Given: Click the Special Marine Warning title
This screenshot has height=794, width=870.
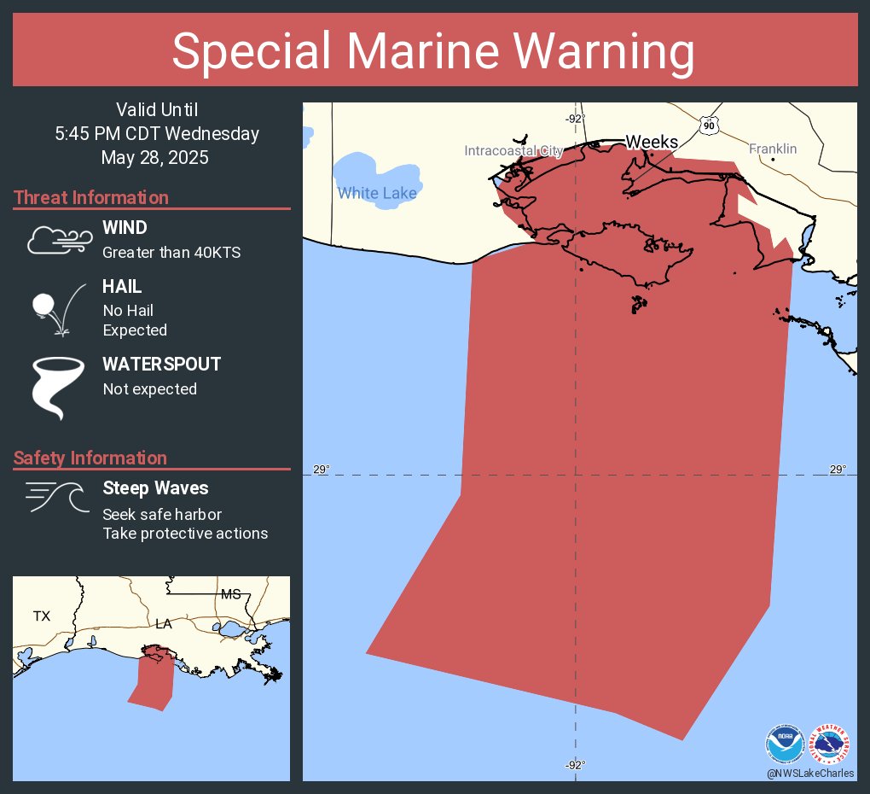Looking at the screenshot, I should click(x=434, y=51).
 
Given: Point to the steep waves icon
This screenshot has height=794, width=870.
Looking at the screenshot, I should click(x=57, y=497).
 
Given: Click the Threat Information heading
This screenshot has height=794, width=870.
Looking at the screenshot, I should click(x=91, y=198).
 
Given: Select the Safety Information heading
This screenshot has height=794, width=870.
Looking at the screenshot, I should click(x=90, y=458).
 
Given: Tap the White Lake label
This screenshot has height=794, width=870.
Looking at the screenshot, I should click(x=377, y=193).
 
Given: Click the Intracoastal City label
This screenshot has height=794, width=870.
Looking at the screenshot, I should click(x=513, y=151).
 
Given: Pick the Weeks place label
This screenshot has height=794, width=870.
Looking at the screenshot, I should click(x=652, y=142).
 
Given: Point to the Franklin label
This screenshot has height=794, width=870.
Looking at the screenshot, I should click(x=773, y=149).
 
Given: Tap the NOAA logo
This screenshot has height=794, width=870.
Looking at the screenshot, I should click(x=785, y=744).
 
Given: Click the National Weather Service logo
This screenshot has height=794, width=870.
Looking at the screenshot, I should click(x=832, y=744).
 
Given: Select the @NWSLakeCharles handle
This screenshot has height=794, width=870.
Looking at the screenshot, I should click(x=809, y=773).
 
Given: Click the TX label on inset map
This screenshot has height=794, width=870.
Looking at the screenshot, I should click(x=42, y=616).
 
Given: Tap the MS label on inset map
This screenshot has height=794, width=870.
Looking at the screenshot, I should click(x=230, y=594).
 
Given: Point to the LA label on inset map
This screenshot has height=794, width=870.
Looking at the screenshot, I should click(x=164, y=624).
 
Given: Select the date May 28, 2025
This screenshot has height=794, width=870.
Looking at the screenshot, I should click(x=154, y=158).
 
